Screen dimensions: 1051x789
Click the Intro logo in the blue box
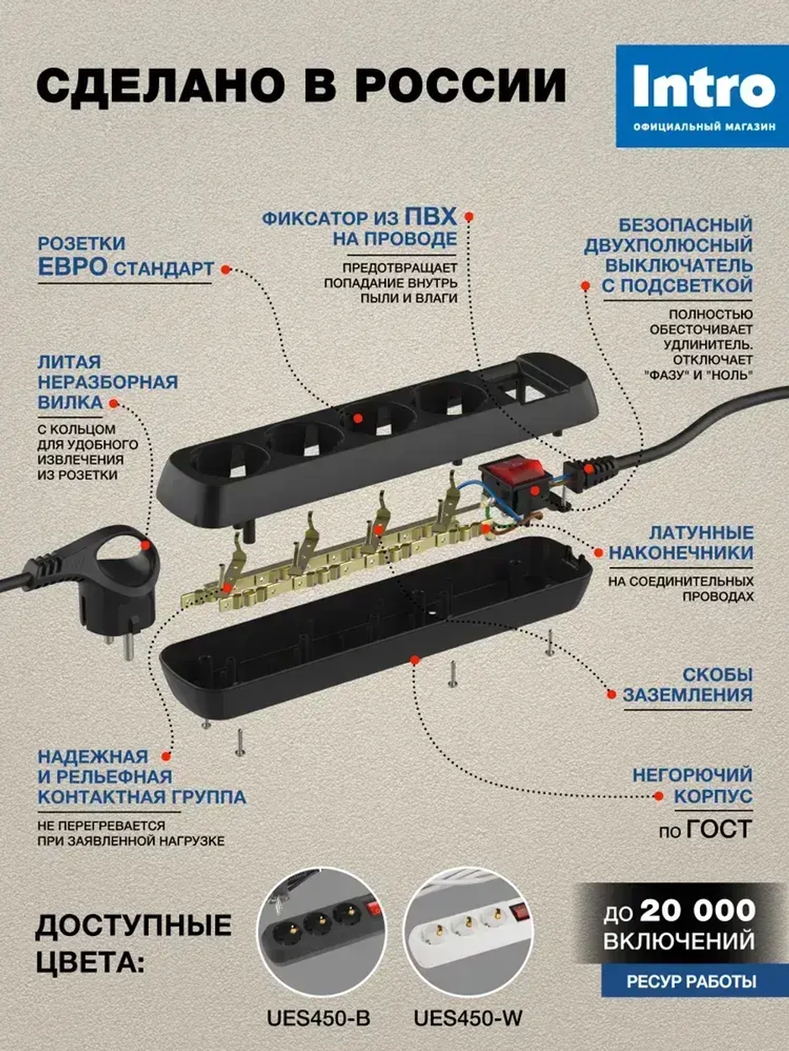point(703,88)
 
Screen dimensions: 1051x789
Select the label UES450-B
point(318,1018)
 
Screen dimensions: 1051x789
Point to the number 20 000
point(697,910)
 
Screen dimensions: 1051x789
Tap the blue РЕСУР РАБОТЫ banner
point(679,982)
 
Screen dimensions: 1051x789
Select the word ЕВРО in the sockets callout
point(73,266)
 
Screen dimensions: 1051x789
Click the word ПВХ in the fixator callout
point(430,217)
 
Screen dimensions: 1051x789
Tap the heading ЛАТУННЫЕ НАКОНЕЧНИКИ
point(681,542)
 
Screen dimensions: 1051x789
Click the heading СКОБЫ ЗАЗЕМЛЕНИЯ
point(687,685)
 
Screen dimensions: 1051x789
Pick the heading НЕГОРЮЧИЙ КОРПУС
point(692,785)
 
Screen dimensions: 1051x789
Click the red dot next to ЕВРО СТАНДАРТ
point(226,269)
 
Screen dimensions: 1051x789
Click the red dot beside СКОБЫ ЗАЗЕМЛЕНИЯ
point(610,694)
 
